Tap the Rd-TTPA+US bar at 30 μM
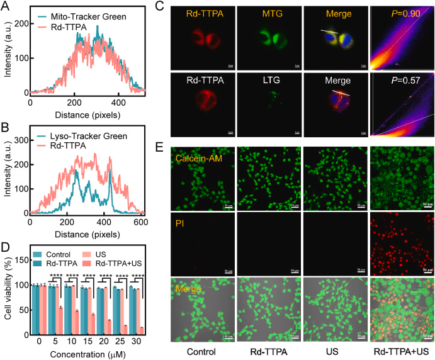click(140, 330)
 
